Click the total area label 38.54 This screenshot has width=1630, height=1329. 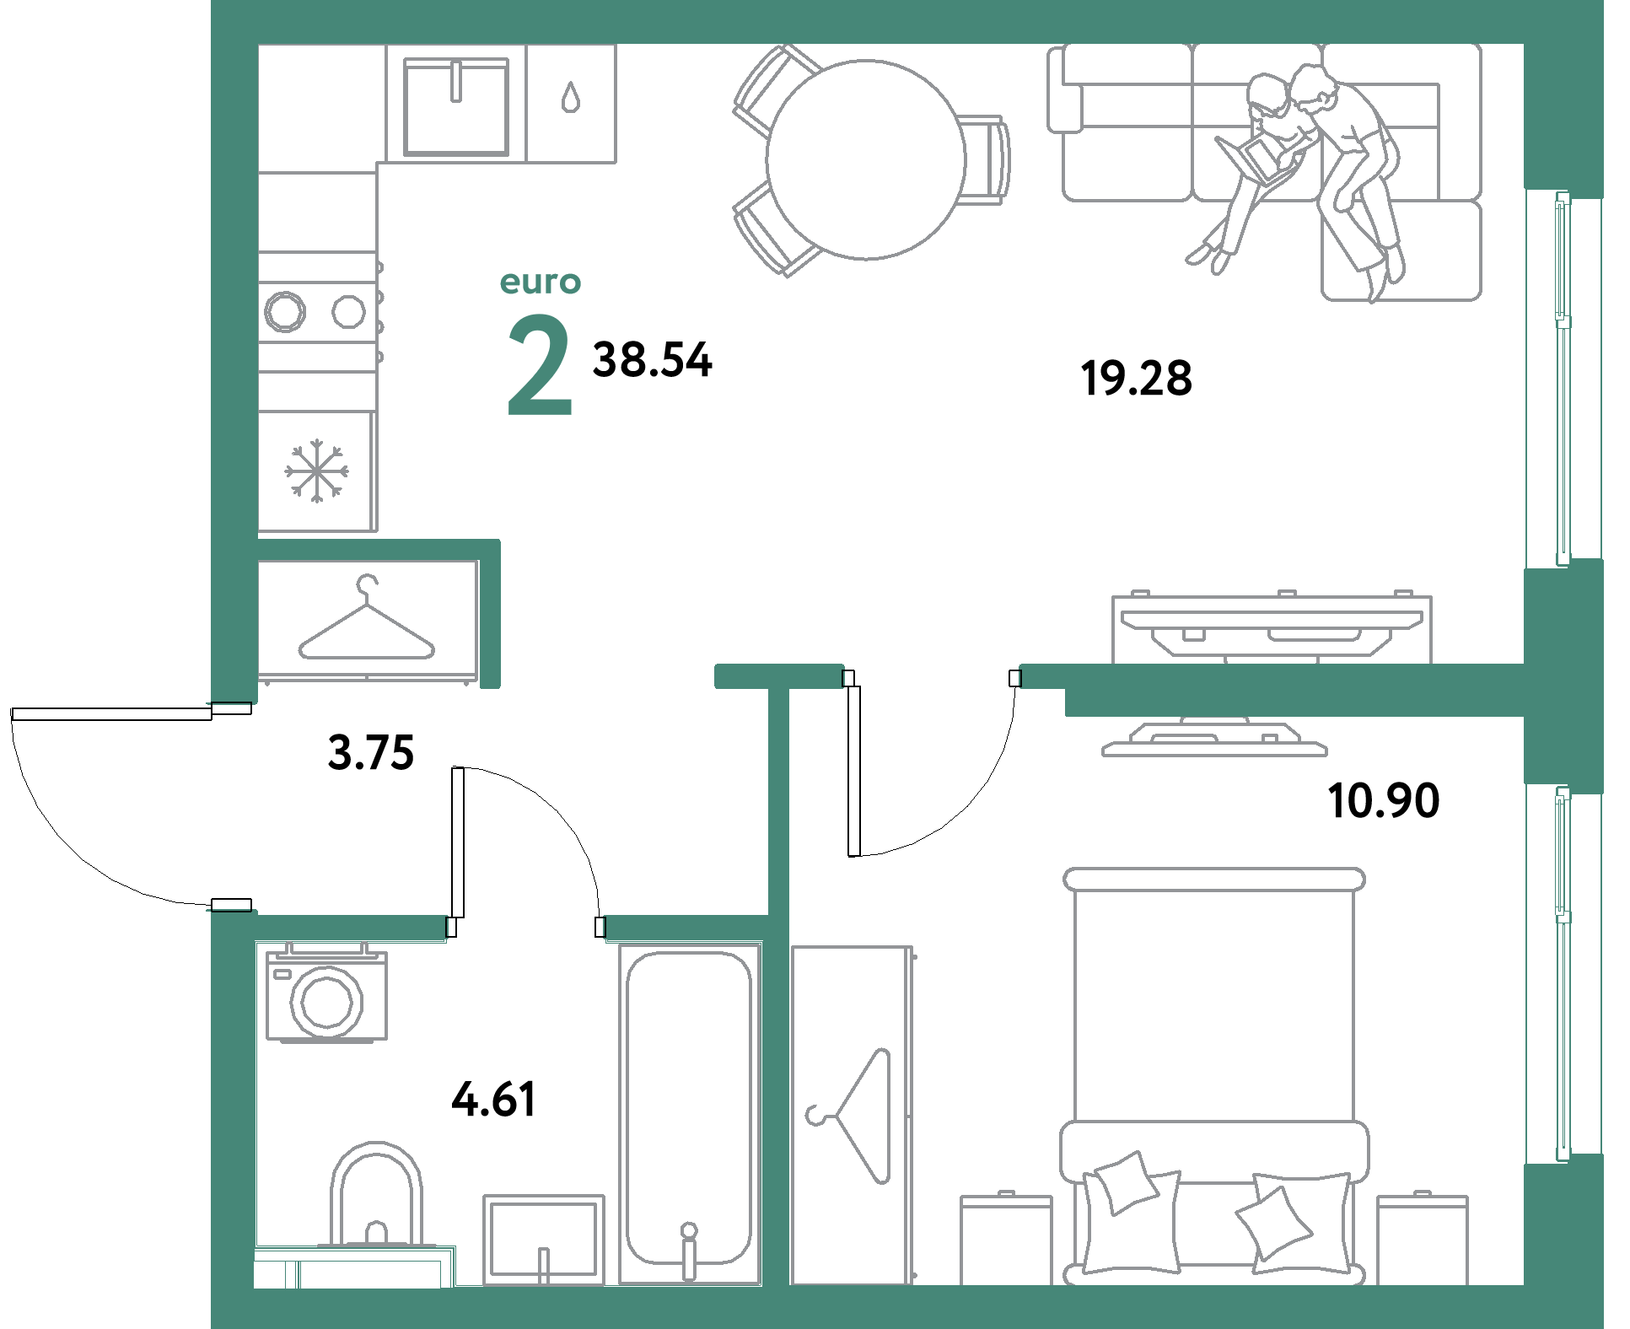[653, 360]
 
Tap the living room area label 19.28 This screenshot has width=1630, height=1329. [1136, 378]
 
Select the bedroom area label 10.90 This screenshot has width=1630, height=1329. [1384, 800]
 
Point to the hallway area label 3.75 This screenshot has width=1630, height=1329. [371, 752]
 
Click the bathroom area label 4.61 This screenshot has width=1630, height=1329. [494, 1100]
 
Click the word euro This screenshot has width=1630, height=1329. [541, 282]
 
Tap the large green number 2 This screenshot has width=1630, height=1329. [541, 364]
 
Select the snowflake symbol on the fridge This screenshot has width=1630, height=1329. [316, 471]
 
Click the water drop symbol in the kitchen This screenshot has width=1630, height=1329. [571, 97]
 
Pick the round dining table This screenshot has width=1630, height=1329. [866, 159]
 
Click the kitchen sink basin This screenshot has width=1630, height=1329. [456, 107]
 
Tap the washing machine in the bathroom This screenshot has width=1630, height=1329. [327, 995]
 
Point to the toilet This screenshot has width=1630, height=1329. [376, 1197]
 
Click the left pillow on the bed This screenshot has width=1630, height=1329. [1122, 1182]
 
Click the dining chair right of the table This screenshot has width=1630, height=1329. [987, 159]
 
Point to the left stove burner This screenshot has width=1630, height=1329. [284, 311]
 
